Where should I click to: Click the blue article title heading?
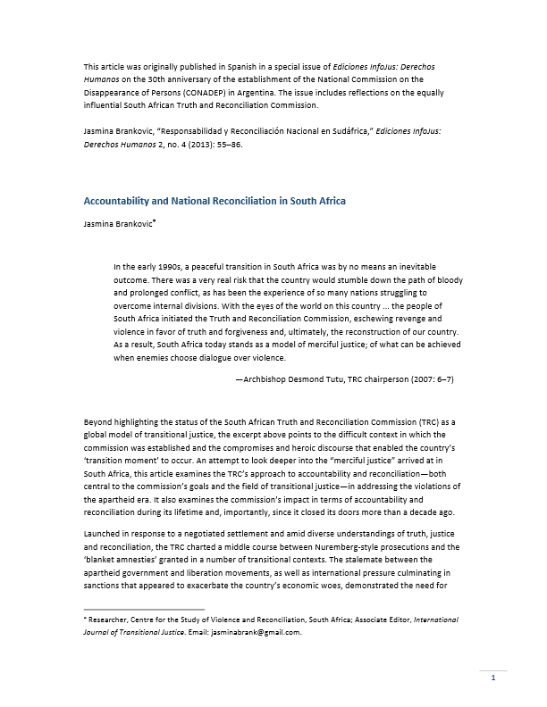click(215, 201)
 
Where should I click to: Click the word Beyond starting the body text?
click(99, 420)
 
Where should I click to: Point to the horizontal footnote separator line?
click(144, 609)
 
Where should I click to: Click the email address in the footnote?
click(260, 630)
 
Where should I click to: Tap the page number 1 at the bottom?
click(492, 679)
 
